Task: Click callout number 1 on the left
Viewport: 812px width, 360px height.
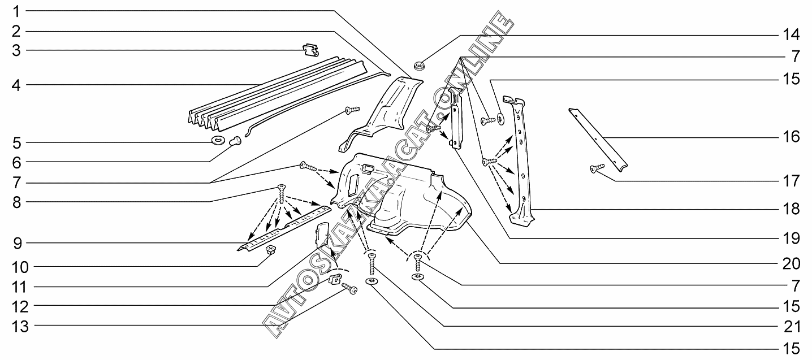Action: (x=16, y=12)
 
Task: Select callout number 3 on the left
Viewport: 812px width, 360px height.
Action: (x=16, y=50)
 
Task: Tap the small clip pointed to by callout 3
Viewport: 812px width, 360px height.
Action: (x=310, y=50)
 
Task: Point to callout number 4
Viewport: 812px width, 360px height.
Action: (x=16, y=85)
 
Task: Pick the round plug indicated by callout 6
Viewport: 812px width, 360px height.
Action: (x=236, y=141)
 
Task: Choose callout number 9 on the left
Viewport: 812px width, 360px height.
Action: (x=18, y=244)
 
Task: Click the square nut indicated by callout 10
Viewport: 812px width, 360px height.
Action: (x=270, y=250)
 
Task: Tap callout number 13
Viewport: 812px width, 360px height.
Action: (x=20, y=326)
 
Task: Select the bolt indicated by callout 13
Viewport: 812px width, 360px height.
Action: (x=350, y=289)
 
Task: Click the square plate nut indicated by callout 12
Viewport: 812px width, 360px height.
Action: (x=335, y=279)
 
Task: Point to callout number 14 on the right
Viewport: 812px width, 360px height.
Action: (x=791, y=35)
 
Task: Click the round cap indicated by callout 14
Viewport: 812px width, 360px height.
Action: (x=420, y=66)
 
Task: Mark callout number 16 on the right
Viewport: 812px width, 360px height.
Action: (x=791, y=137)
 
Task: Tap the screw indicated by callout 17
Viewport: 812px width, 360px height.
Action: (x=597, y=168)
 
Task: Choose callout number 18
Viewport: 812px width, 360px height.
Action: (x=791, y=209)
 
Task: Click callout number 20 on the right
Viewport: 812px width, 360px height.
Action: (x=791, y=264)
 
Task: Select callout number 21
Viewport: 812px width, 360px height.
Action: (x=791, y=327)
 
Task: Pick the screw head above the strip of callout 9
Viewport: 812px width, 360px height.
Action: (x=281, y=187)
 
